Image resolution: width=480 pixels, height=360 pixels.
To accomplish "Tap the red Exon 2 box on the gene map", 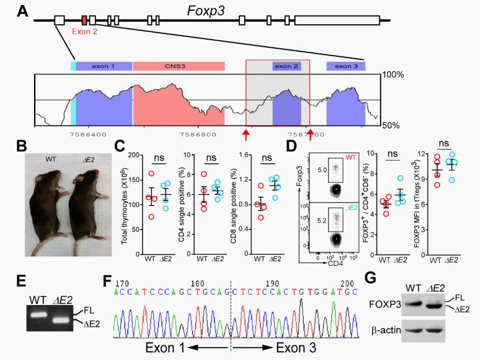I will tap(84, 20).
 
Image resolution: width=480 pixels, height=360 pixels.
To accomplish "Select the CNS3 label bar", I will tap(178, 66).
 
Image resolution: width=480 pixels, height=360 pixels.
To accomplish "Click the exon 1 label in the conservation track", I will tap(103, 66).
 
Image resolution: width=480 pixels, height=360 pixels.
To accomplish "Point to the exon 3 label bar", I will tap(346, 66).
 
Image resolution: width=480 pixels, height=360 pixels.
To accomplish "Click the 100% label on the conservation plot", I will tap(393, 75).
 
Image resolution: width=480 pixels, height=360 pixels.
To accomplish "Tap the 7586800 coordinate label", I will tap(198, 135).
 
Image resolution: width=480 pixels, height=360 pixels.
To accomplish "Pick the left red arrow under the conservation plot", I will tap(246, 135).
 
